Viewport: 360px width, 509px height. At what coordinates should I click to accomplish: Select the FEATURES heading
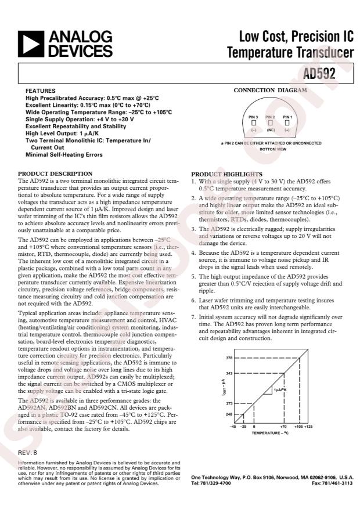(x=41, y=92)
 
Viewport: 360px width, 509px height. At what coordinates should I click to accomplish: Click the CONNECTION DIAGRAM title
(x=270, y=91)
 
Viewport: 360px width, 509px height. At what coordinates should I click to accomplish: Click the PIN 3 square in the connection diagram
(x=253, y=123)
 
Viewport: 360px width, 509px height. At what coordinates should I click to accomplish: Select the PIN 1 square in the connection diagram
(x=287, y=123)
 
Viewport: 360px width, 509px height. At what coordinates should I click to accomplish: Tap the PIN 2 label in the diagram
(x=270, y=117)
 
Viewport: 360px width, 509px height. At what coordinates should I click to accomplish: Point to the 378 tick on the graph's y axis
(x=229, y=358)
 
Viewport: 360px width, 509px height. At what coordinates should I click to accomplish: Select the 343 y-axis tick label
(x=229, y=373)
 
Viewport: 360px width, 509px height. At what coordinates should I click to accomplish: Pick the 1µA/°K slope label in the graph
(x=280, y=391)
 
